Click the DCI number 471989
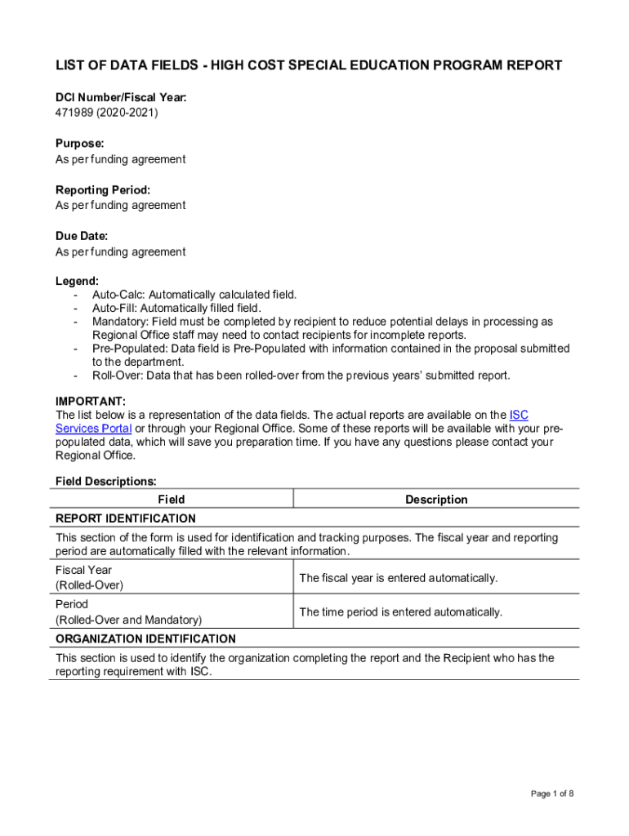point(74,113)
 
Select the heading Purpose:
point(79,143)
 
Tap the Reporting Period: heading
point(103,189)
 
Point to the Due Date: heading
point(82,236)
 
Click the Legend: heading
point(77,281)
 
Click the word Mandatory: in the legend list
point(120,322)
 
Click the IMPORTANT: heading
point(91,401)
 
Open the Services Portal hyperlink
point(93,429)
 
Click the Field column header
point(171,500)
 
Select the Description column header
point(436,500)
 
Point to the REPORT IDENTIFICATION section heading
point(126,518)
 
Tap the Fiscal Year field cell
point(83,570)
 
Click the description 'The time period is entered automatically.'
point(400,612)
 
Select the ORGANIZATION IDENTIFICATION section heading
point(145,638)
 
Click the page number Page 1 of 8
point(552,794)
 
